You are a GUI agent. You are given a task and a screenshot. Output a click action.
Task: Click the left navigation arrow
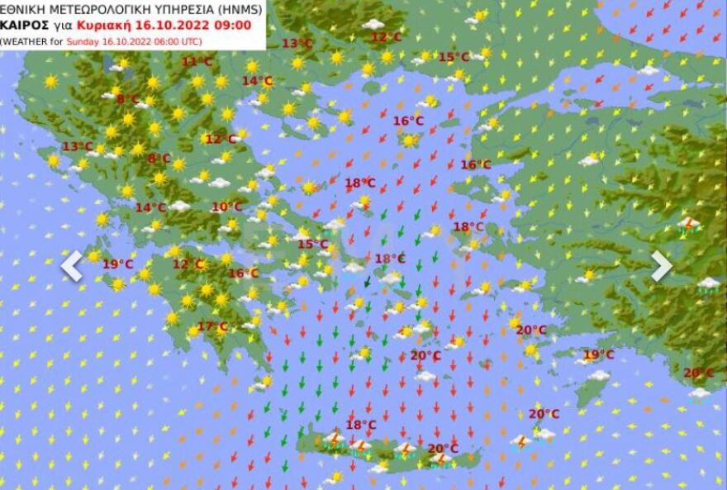[72, 265]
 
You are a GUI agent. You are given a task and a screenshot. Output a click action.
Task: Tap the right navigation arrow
[661, 265]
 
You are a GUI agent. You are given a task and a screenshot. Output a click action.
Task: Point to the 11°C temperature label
[197, 61]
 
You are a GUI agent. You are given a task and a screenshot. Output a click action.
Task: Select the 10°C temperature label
[226, 207]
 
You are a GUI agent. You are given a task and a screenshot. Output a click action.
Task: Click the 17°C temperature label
[212, 326]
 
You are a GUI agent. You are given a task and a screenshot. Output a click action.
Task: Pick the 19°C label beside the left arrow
[118, 264]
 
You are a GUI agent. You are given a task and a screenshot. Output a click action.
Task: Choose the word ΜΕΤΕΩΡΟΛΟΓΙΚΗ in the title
[89, 10]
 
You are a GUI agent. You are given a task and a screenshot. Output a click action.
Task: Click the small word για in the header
[55, 26]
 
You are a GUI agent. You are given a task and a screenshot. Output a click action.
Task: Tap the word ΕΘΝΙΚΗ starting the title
[20, 10]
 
